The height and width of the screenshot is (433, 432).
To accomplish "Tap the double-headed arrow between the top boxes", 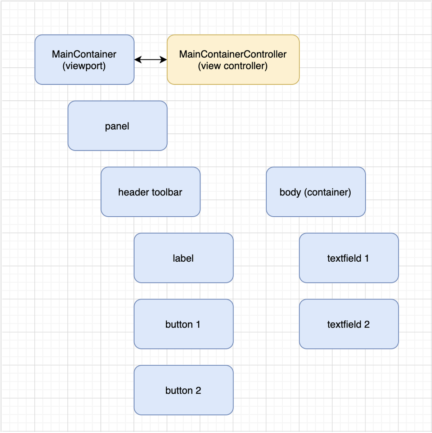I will click(150, 60).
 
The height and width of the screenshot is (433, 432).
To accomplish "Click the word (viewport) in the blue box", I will click(84, 66).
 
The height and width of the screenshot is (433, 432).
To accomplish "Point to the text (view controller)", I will click(233, 66).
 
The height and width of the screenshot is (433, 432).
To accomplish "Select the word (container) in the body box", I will click(328, 192).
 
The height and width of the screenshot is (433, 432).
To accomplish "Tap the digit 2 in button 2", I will click(198, 391).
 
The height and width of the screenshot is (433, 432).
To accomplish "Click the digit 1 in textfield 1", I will click(366, 258).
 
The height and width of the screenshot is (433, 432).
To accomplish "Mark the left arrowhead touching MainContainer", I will click(137, 60).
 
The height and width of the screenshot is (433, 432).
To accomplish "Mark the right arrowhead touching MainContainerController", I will click(164, 60).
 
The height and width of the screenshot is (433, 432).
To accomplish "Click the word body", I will click(290, 192).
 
